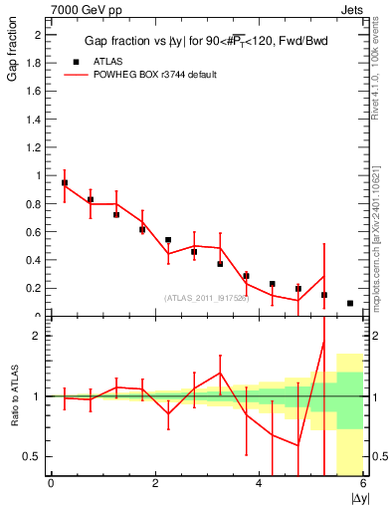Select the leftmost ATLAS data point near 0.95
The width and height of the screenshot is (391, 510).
click(x=65, y=183)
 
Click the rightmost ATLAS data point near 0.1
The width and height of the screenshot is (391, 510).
click(x=350, y=303)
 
